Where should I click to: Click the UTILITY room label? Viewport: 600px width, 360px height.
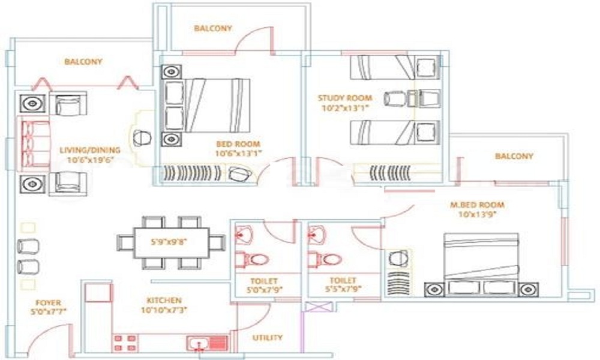268,338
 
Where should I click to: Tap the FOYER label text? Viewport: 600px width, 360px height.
48,302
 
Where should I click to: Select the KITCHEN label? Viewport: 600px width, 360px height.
164,301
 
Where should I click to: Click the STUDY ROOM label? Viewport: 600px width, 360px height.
345,98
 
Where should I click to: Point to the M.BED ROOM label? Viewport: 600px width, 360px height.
477,205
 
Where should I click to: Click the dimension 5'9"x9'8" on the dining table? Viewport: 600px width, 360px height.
169,242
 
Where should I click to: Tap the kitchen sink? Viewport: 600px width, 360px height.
207,343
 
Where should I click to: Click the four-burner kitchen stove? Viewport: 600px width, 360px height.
125,343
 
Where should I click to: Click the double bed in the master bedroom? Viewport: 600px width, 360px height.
481,264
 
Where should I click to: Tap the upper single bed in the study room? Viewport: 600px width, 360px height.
395,68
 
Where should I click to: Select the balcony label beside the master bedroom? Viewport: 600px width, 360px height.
514,156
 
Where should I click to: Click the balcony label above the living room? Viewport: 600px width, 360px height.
83,62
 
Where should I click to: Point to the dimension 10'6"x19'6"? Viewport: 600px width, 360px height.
91,160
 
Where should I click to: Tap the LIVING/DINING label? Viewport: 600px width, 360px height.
90,150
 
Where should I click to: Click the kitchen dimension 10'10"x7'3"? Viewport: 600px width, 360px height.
164,310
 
